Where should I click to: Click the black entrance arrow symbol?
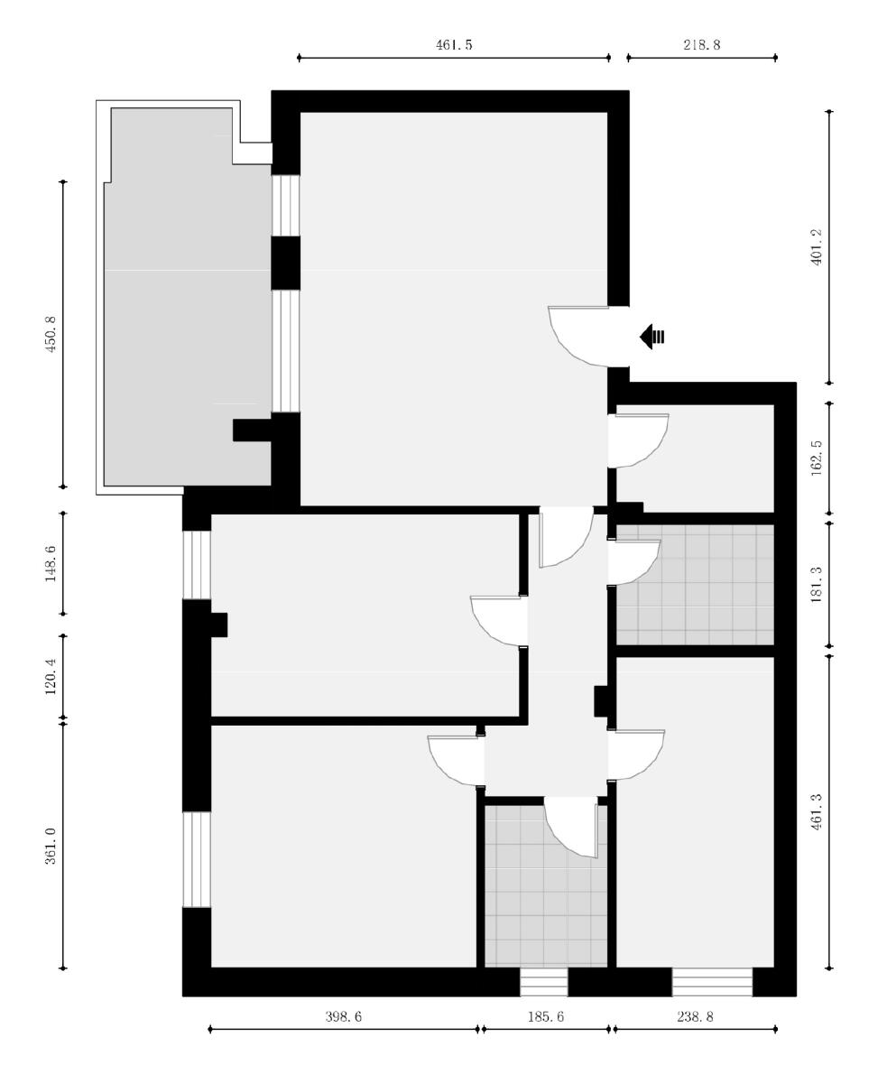tap(651, 337)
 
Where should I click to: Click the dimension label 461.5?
tap(454, 45)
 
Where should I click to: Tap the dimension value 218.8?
tap(702, 45)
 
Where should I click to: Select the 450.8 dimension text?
tap(51, 334)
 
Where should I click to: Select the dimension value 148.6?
tap(51, 563)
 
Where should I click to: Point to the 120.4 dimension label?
tap(51, 676)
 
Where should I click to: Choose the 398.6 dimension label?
tap(344, 1017)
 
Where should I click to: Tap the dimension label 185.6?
tap(546, 1017)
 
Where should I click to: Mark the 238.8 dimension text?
tap(695, 1017)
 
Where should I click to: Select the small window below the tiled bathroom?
tap(543, 982)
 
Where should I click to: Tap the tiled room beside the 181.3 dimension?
tap(695, 585)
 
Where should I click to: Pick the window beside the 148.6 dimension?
tap(197, 565)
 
